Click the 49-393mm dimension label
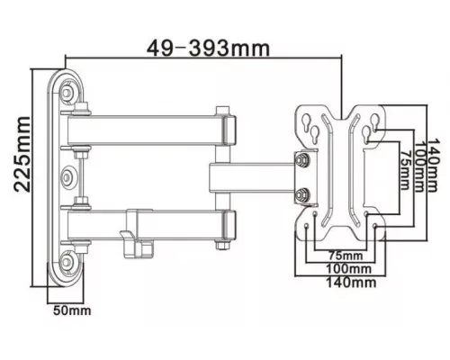click(x=200, y=43)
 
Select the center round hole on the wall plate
click(x=70, y=175)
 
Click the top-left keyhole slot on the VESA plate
click(x=314, y=126)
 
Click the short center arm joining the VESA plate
click(x=252, y=175)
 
